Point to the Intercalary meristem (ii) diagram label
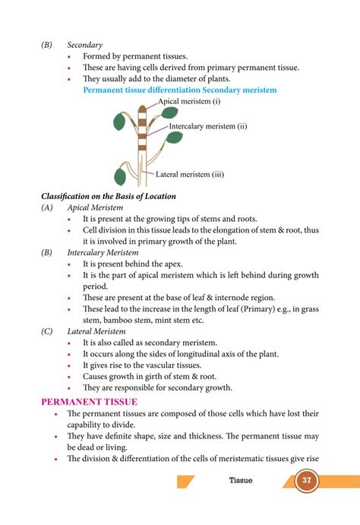(x=208, y=126)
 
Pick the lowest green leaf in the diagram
(x=120, y=176)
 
